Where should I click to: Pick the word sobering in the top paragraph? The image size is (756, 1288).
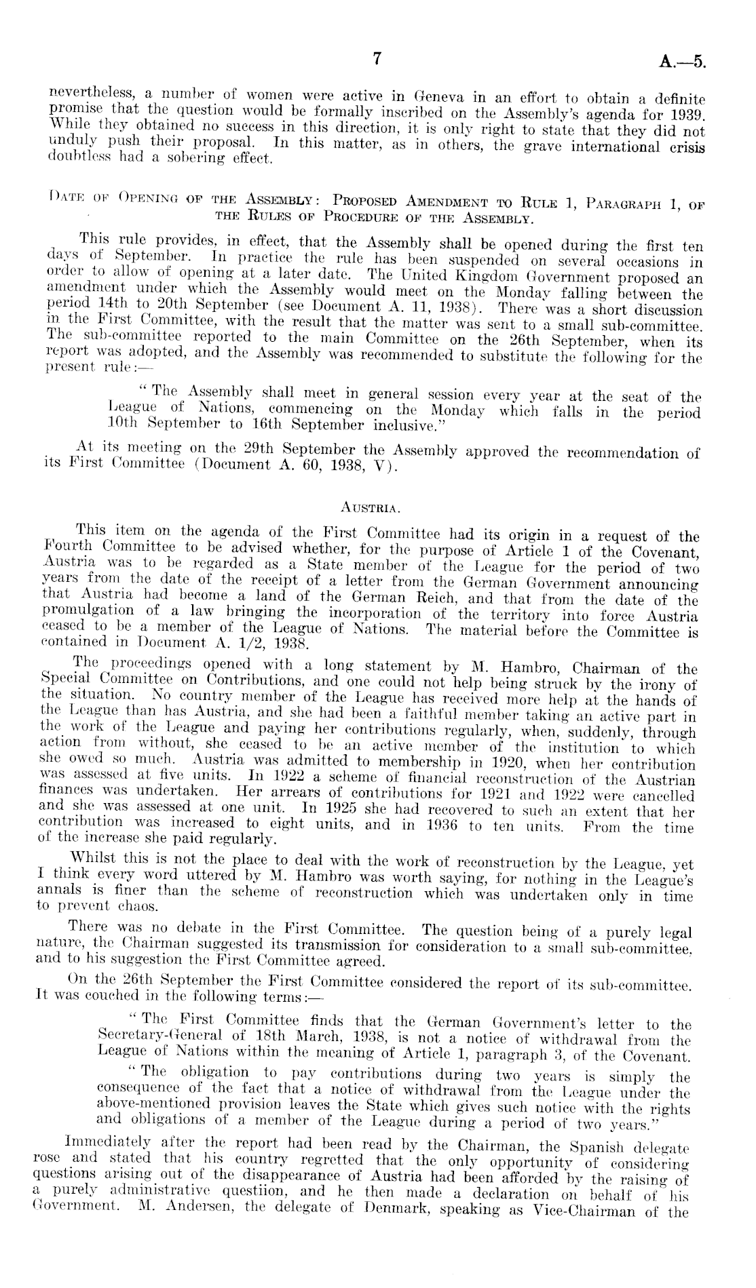point(199,160)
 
